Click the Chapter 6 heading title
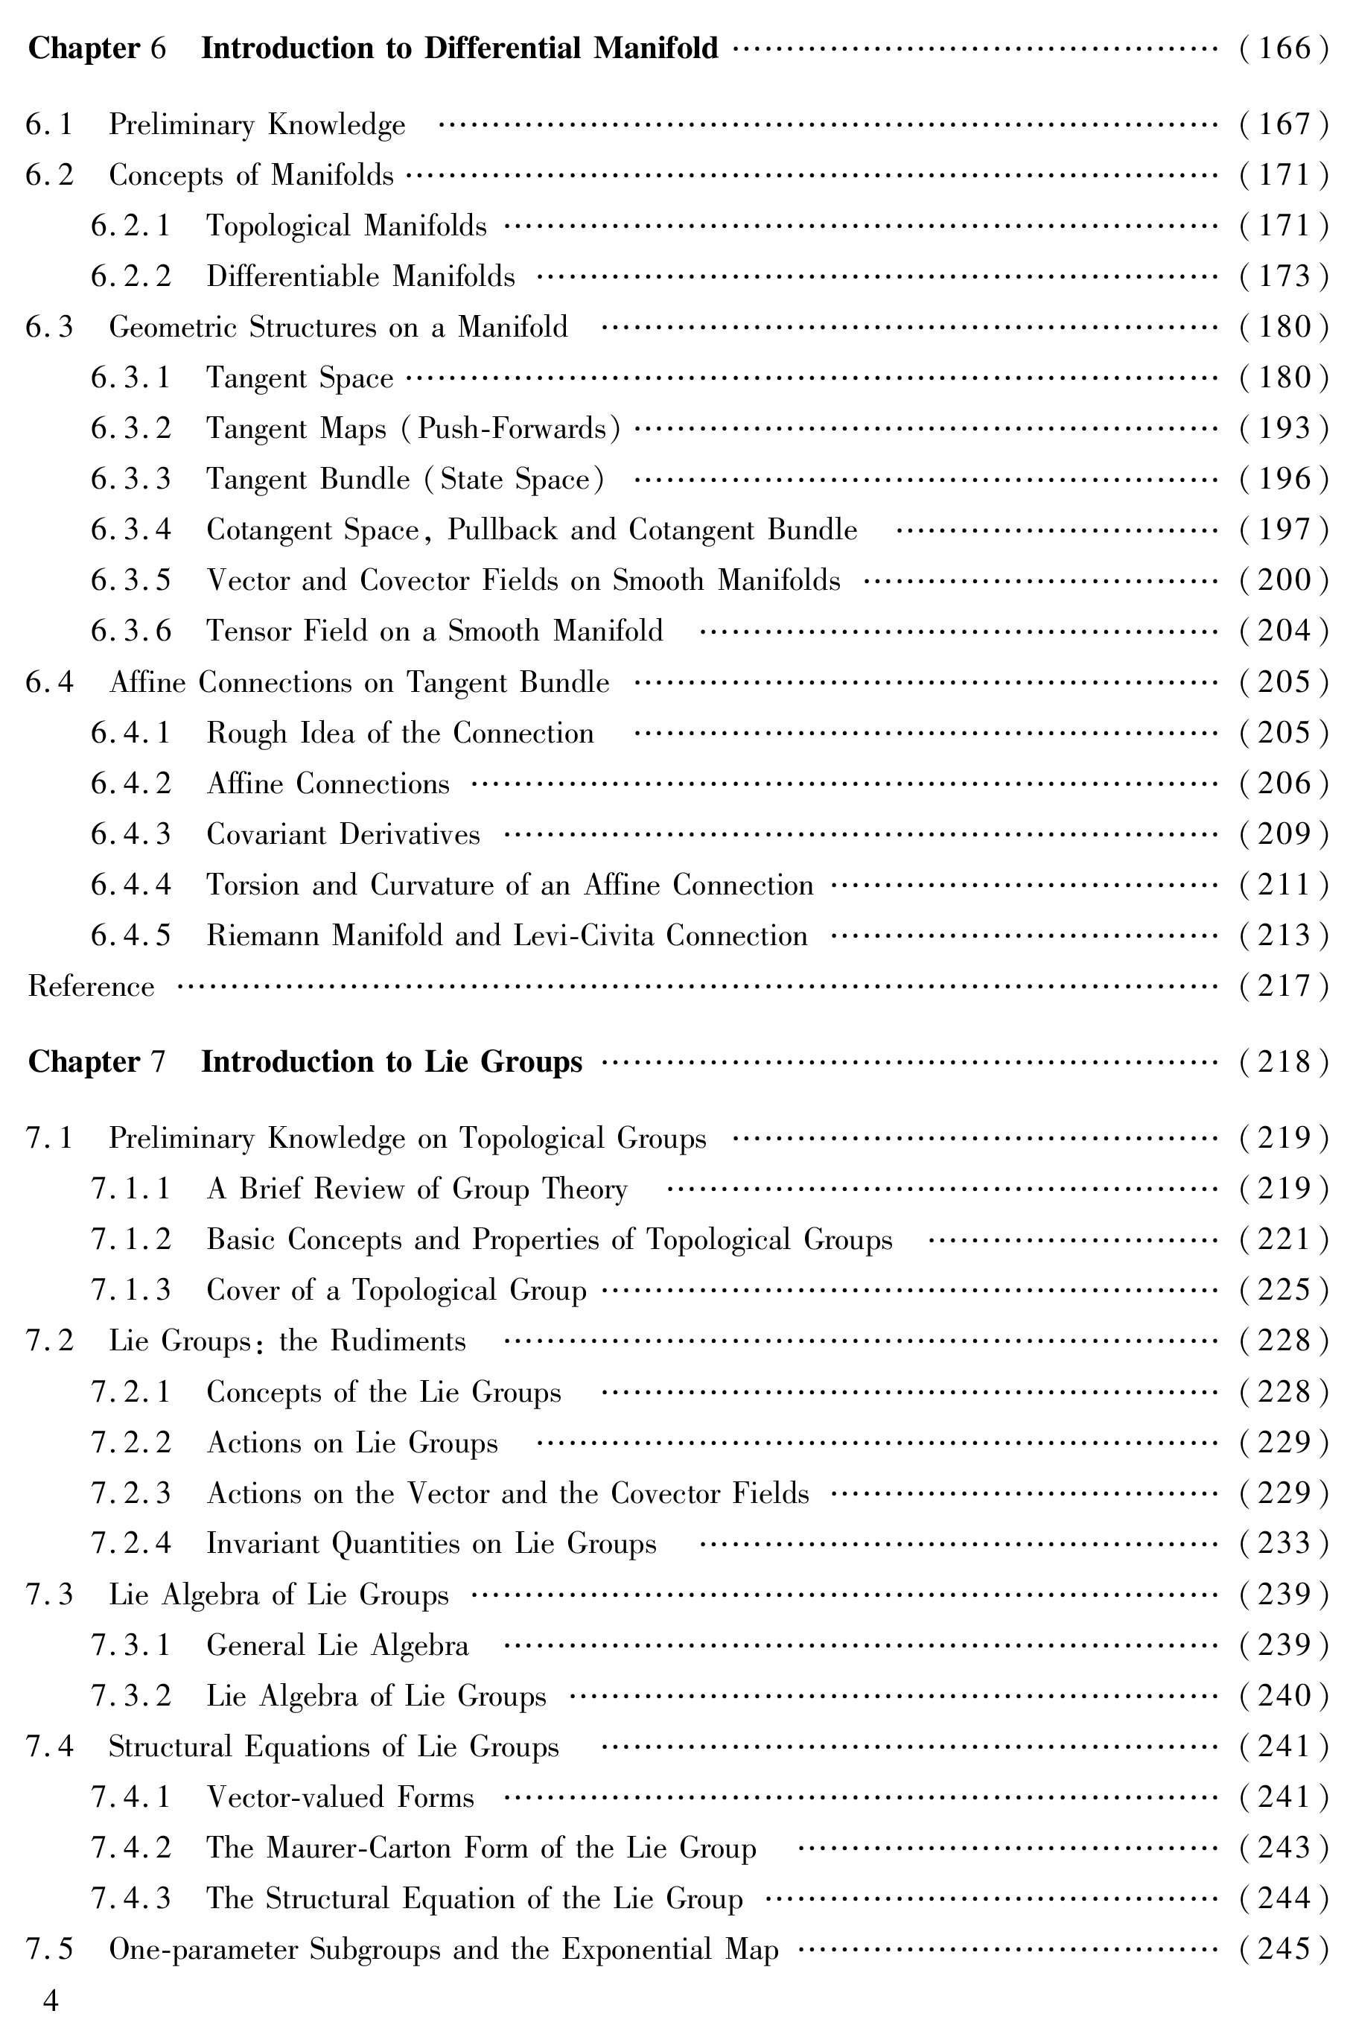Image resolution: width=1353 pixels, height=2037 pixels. (x=459, y=48)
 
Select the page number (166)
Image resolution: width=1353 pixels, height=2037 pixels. (x=1284, y=48)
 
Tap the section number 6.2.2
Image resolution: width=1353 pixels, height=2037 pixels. (x=131, y=277)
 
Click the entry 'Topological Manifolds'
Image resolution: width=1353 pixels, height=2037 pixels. (x=346, y=226)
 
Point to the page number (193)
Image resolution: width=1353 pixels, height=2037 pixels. (x=1284, y=429)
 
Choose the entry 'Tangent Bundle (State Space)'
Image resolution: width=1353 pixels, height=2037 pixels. (x=404, y=479)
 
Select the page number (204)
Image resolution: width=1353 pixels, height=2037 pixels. (x=1284, y=632)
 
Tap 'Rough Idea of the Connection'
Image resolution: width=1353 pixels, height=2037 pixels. (x=400, y=734)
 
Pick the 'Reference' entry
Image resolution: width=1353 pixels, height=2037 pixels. (x=92, y=987)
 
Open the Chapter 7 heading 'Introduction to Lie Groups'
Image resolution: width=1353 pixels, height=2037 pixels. (x=392, y=1061)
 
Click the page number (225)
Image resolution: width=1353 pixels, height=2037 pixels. (x=1284, y=1291)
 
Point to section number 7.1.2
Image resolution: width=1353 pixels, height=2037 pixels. (x=131, y=1240)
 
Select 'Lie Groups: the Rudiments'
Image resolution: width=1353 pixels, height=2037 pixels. (x=287, y=1341)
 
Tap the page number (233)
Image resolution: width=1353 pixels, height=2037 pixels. (x=1284, y=1544)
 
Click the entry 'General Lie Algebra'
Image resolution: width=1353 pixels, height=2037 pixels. (x=337, y=1645)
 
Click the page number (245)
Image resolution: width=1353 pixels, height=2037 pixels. (x=1284, y=1950)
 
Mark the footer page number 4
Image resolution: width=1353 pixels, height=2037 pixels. (x=51, y=2001)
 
